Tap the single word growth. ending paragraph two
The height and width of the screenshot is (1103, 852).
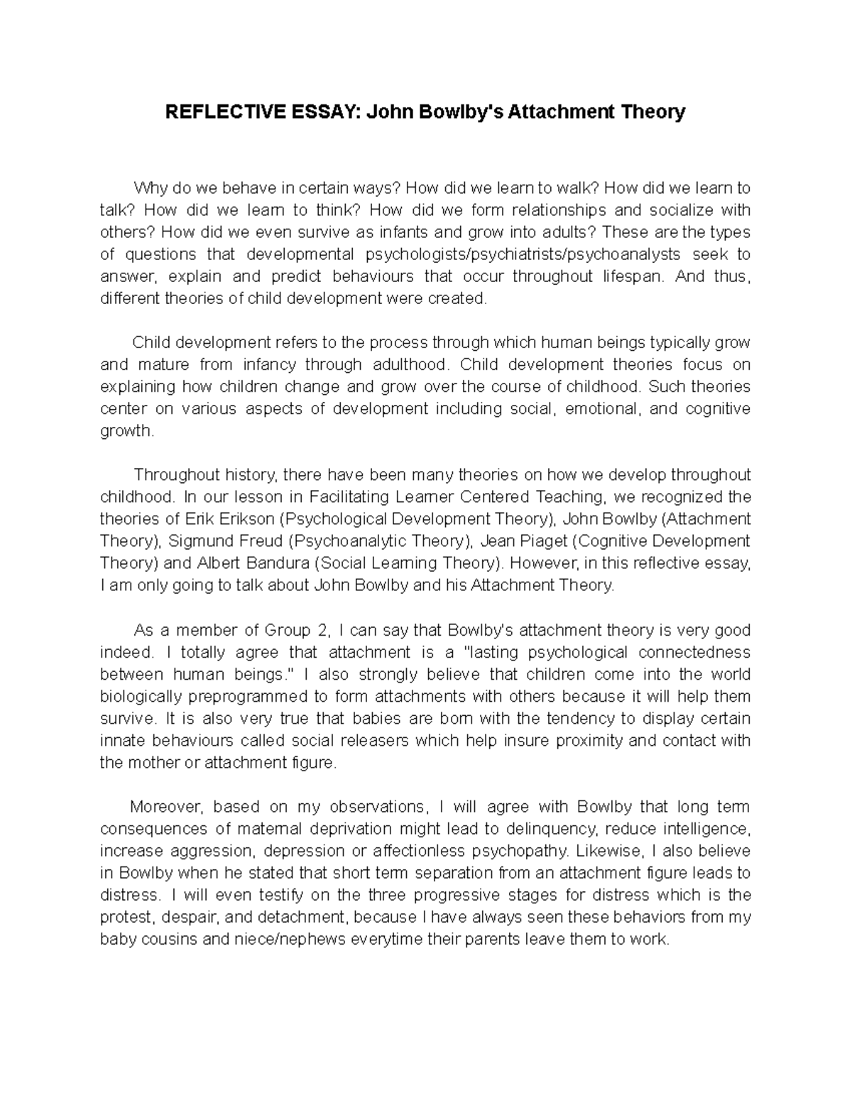click(126, 431)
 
